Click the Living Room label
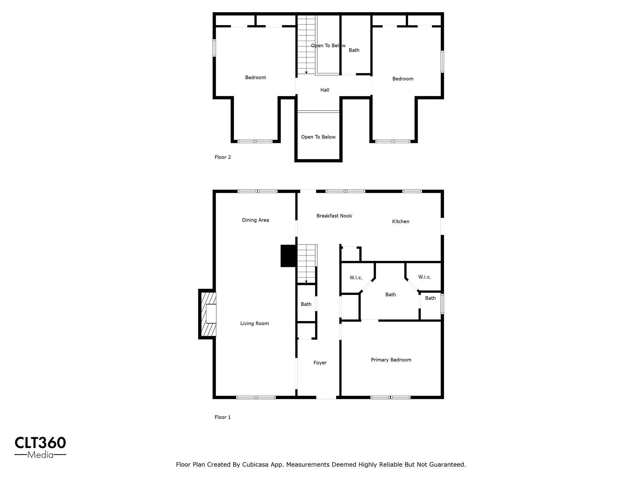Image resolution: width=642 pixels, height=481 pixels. click(x=255, y=323)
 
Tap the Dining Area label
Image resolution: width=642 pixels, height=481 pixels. click(x=255, y=220)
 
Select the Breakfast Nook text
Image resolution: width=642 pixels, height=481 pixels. click(x=334, y=216)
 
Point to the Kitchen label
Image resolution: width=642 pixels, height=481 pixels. click(x=401, y=221)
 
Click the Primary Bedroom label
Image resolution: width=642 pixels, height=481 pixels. click(x=391, y=360)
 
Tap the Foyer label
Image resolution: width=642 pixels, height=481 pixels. click(x=320, y=363)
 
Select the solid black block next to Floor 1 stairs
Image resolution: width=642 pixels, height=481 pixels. click(x=288, y=256)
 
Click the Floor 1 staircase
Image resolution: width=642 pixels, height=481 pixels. click(x=306, y=264)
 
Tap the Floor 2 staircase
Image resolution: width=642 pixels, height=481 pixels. click(x=306, y=44)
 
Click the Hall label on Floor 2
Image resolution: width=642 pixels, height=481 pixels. click(x=324, y=90)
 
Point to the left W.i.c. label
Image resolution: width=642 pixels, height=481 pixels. click(x=356, y=277)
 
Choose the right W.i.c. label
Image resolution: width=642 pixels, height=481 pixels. click(x=424, y=277)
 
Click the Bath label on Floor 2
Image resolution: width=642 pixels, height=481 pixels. click(x=354, y=50)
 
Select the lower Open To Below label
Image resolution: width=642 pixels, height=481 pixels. click(x=318, y=137)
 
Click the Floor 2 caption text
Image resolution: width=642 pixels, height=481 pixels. click(x=223, y=157)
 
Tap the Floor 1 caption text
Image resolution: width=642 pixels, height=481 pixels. click(x=223, y=417)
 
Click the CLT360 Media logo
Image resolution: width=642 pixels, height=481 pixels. click(x=40, y=447)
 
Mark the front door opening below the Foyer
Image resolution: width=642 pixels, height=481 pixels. click(x=326, y=397)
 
